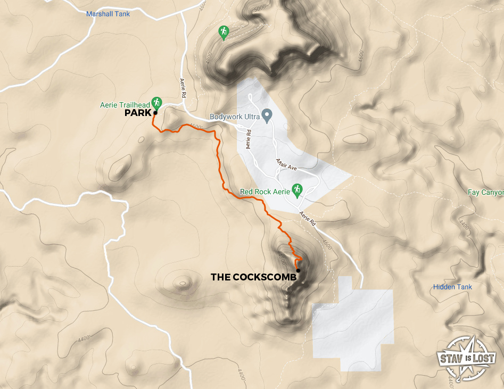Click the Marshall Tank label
pyautogui.click(x=108, y=14)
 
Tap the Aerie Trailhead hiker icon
pyautogui.click(x=156, y=102)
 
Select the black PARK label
pyautogui.click(x=137, y=113)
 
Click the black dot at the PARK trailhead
pyautogui.click(x=155, y=113)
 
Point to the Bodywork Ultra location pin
pyautogui.click(x=268, y=114)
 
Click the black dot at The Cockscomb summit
pyautogui.click(x=298, y=271)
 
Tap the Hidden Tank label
pyautogui.click(x=452, y=287)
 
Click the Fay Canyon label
pyautogui.click(x=485, y=192)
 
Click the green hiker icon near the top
pyautogui.click(x=224, y=32)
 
